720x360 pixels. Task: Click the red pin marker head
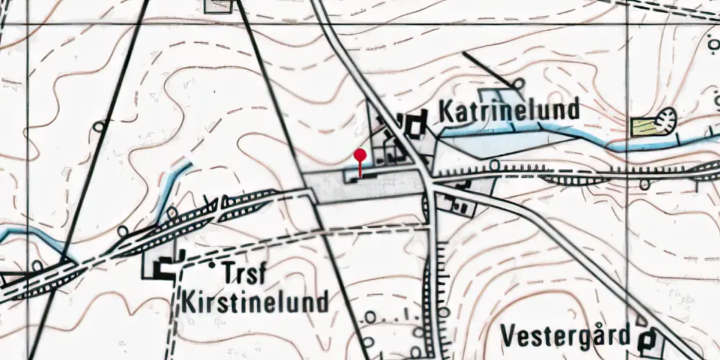pos(361,154)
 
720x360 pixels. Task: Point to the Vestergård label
pos(565,336)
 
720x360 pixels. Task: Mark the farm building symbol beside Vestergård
pos(649,338)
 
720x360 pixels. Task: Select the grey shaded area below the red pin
pos(367,188)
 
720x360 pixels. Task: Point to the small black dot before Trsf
pos(212,266)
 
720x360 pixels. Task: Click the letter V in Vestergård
pos(508,336)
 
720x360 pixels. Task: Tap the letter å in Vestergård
pos(602,336)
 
